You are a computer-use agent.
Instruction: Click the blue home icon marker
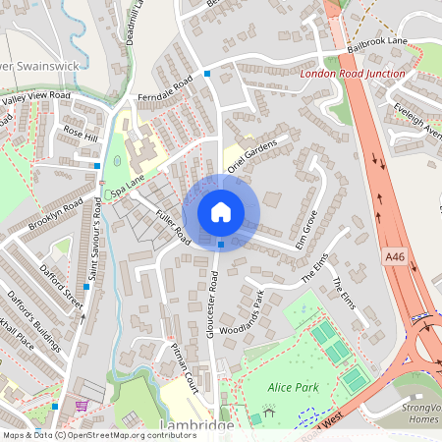tap(221, 211)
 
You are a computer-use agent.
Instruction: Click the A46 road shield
tap(391, 254)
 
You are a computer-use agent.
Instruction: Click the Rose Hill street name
tap(81, 134)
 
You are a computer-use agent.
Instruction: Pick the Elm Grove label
tap(307, 233)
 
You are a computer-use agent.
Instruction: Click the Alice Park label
tap(294, 388)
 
